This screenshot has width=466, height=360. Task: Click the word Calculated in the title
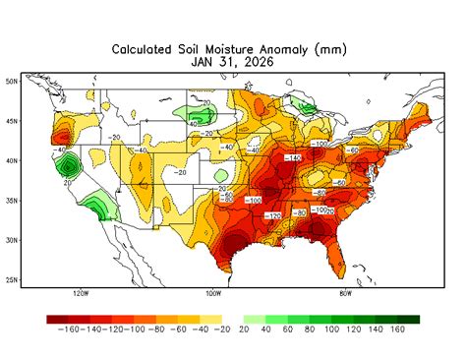pos(148,48)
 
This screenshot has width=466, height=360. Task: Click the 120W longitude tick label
pos(81,293)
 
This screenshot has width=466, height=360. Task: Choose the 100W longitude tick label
pos(212,293)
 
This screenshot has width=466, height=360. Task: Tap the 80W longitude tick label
pos(345,293)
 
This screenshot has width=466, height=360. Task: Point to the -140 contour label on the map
pos(292,158)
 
